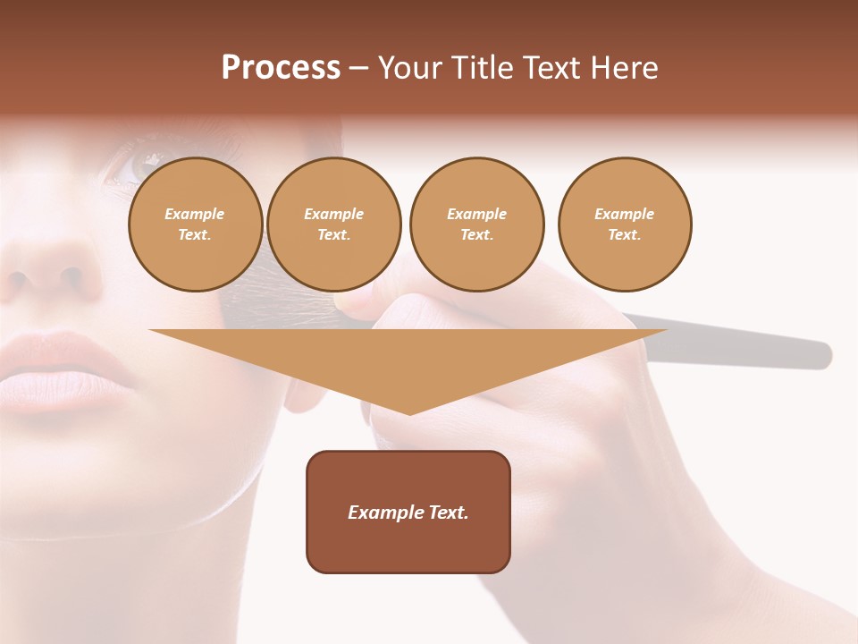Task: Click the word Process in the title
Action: coord(281,68)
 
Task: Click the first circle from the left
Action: coord(195,225)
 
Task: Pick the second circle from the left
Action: coord(333,225)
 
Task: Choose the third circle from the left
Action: coord(476,225)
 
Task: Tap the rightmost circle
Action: coord(624,225)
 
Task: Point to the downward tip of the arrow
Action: coord(409,413)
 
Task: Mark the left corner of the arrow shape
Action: coord(151,331)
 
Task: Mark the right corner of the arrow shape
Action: coord(666,331)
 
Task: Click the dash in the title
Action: coord(358,68)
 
